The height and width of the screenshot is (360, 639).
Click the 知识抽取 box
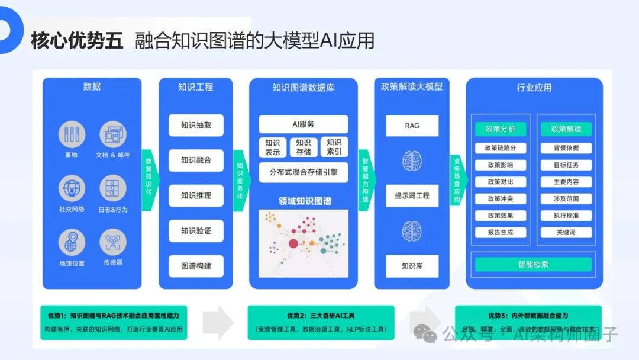[196, 125]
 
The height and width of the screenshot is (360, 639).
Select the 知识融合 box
[196, 160]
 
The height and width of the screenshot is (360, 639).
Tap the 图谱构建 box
[196, 266]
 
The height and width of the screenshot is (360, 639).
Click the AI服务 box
[303, 124]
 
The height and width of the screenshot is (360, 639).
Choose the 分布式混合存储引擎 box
[303, 173]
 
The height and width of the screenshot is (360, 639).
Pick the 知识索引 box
[334, 147]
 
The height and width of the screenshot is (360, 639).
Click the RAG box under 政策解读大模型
[412, 126]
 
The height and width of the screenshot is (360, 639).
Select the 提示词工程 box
[412, 195]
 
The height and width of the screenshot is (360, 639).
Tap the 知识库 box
[412, 266]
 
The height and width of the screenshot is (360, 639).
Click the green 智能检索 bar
[534, 265]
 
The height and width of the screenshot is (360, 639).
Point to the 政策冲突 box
[500, 199]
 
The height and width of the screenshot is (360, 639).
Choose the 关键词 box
[566, 233]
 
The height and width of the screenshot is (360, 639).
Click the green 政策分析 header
[500, 129]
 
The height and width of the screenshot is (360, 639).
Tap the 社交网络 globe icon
[72, 188]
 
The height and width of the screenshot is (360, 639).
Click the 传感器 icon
[112, 242]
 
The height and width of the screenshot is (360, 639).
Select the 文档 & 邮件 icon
[112, 134]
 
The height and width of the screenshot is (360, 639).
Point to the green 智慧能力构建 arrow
[366, 180]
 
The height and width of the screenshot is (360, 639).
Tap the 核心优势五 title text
[77, 40]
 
